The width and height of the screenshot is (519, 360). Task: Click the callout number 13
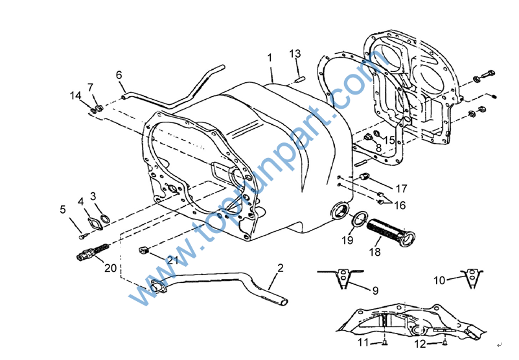click(x=295, y=54)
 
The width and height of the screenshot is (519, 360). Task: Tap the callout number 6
click(x=119, y=75)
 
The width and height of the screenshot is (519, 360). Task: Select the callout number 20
click(x=111, y=267)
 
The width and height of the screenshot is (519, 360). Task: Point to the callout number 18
click(x=375, y=252)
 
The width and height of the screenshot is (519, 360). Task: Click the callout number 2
click(x=281, y=267)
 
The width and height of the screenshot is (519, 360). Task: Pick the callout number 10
click(x=439, y=280)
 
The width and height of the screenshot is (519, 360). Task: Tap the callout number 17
click(x=401, y=188)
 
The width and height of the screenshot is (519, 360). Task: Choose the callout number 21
click(x=172, y=260)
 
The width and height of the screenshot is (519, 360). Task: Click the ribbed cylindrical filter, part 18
click(x=391, y=232)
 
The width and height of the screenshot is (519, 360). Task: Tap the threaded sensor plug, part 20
click(x=93, y=253)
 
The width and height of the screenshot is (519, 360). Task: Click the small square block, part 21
click(x=143, y=250)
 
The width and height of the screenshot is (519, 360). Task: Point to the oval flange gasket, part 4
click(x=95, y=224)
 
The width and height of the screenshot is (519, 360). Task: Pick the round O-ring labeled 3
click(x=105, y=218)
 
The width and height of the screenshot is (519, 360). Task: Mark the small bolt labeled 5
click(x=83, y=236)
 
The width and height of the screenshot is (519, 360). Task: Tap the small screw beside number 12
click(x=445, y=343)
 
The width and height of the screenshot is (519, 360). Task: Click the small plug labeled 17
click(x=364, y=176)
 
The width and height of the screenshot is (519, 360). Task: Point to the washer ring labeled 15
click(x=376, y=133)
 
